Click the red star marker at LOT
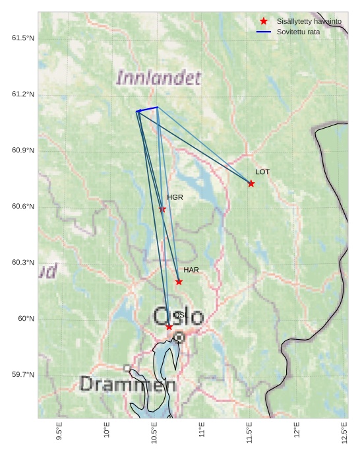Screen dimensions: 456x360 coord(251,183)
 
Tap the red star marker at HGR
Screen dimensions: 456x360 coord(163,209)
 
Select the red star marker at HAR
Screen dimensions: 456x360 coord(179,282)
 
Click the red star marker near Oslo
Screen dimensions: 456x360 coord(169,327)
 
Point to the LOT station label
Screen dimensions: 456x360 coord(262,172)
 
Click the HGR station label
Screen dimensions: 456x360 coord(175,197)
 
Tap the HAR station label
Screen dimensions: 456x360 coord(191,270)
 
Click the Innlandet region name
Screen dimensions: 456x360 coord(158,78)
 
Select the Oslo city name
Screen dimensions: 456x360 coord(179,317)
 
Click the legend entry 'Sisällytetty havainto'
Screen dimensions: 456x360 coord(309,22)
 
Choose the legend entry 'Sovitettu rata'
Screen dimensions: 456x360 coord(298,32)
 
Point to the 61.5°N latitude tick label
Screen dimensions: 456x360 coord(23,38)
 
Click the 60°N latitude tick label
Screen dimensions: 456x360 coord(26,319)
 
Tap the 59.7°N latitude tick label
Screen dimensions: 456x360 coord(23,375)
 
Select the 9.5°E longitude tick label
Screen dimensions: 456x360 coord(59,430)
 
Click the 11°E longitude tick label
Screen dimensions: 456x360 coord(202,430)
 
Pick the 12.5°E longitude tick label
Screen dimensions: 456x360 coord(344,430)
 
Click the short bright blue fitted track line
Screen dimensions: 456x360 coord(148,109)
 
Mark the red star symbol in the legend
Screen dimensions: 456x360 coord(264,22)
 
